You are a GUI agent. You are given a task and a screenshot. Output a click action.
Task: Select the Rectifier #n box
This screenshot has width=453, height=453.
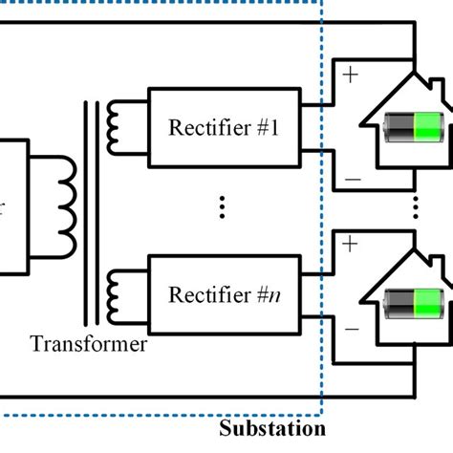pos(223,293)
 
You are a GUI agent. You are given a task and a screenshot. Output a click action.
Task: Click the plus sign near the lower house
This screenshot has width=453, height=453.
pos(349,244)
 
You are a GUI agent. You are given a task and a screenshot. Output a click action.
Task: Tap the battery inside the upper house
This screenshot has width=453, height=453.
pos(414,128)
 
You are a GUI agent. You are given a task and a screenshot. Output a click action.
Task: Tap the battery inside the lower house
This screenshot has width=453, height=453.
pos(414,307)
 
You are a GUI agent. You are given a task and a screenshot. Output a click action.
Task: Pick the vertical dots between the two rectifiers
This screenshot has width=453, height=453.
pos(222,207)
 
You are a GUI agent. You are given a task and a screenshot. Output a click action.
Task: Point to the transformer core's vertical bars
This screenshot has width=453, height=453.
pos(92,210)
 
